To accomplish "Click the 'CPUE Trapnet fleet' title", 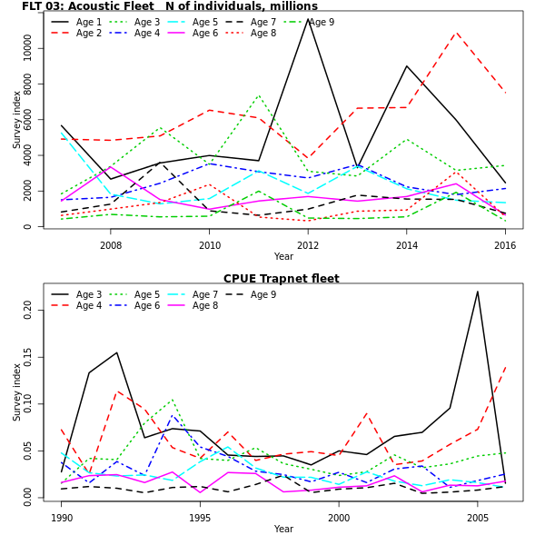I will click(x=281, y=279).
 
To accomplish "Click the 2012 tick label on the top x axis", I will click(x=308, y=245).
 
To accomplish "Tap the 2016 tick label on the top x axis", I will click(x=505, y=245).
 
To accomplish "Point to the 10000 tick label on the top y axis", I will click(x=28, y=48).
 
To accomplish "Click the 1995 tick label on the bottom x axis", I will click(x=200, y=518).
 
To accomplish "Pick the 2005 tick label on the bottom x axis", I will click(x=477, y=518).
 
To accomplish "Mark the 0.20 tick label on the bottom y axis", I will click(x=28, y=310).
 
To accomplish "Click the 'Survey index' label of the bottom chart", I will click(x=17, y=393).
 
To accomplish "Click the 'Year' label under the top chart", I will click(x=283, y=257).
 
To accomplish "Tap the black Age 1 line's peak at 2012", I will click(x=308, y=18).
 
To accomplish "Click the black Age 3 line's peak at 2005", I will click(x=477, y=292).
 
